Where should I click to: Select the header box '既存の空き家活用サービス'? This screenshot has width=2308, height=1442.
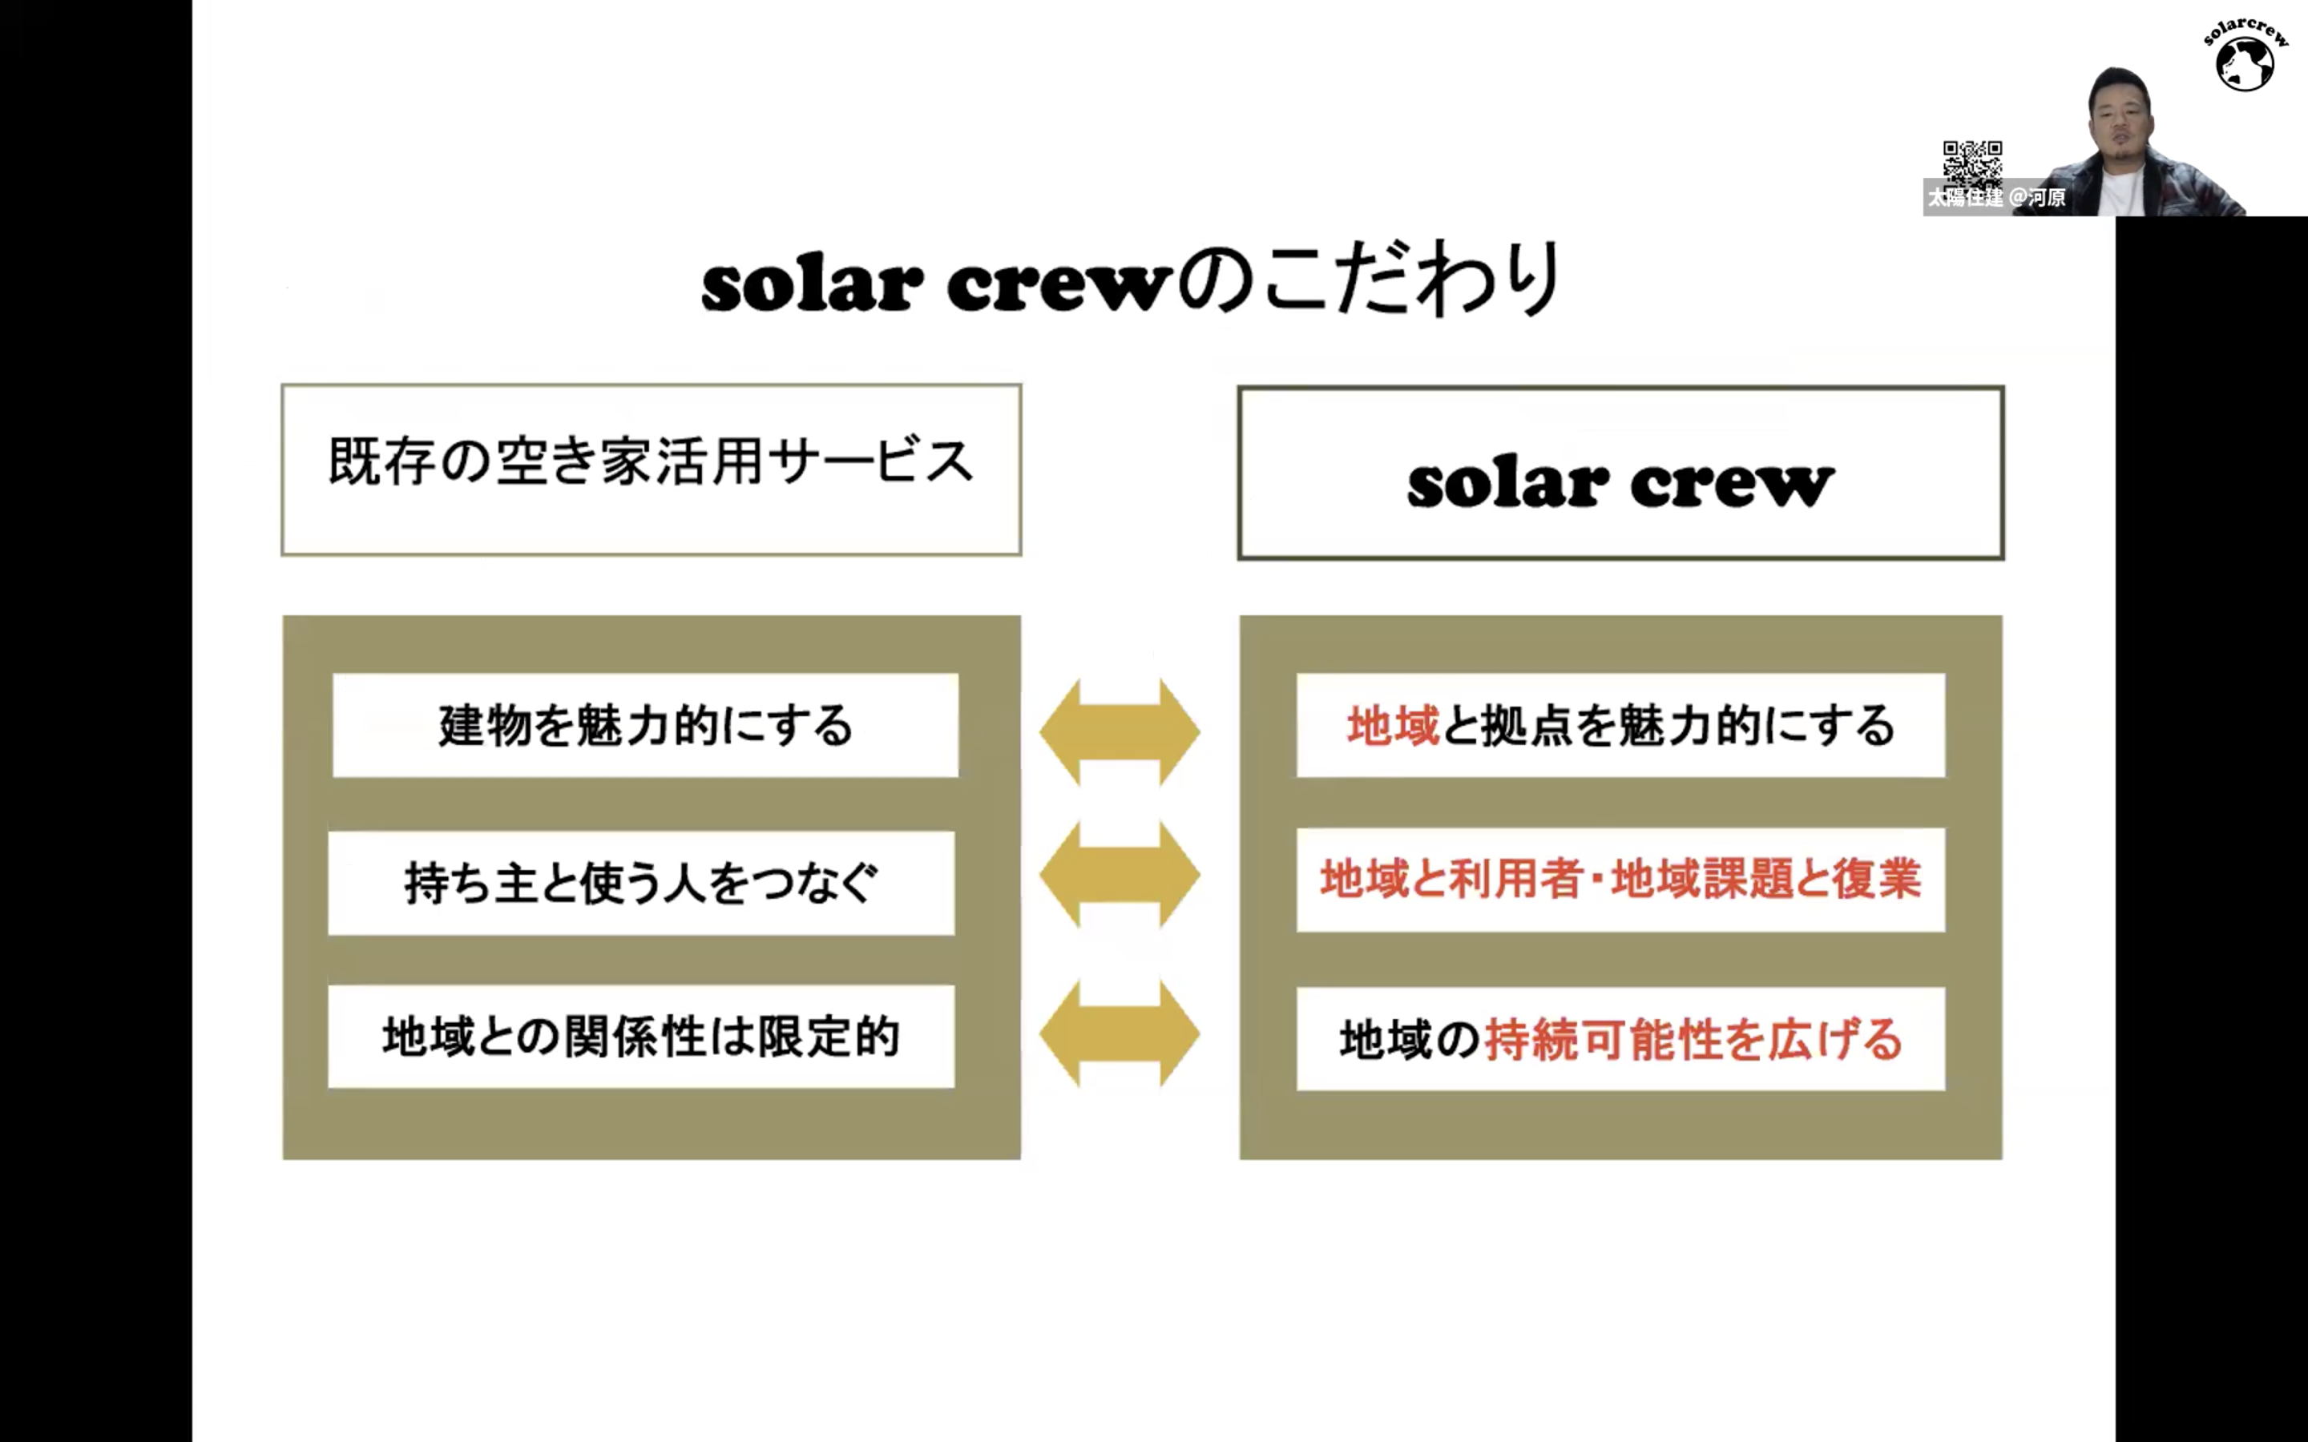652,469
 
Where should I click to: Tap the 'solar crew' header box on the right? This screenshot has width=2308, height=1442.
1620,473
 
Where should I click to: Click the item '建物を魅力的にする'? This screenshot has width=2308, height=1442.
646,726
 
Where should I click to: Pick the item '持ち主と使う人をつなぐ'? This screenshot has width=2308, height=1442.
641,882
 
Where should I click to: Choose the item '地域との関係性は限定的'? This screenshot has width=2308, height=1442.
641,1037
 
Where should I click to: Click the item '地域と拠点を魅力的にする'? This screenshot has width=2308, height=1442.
1620,726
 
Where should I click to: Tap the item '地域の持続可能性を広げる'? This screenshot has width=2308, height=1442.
1620,1038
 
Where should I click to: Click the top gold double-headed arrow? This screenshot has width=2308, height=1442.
1120,731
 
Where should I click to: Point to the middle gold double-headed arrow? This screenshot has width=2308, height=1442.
1120,875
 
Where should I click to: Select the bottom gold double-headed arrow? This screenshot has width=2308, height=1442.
1120,1033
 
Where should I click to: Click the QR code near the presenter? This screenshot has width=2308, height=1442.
1972,162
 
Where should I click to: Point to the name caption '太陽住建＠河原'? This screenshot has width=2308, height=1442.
1996,197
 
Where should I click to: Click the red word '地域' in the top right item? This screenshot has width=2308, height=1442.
1393,726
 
